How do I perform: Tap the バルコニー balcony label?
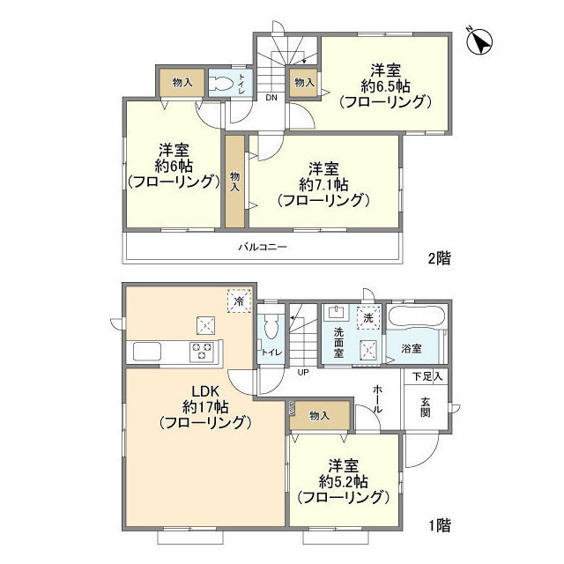(263, 248)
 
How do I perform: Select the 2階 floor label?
(439, 258)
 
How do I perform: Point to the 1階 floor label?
(439, 526)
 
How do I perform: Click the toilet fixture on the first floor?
(272, 330)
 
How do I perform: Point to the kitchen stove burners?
(204, 351)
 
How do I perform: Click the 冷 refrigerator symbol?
(237, 301)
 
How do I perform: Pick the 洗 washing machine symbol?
(369, 315)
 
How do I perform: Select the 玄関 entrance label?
(426, 406)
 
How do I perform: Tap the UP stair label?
(302, 373)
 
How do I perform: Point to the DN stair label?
(271, 98)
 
